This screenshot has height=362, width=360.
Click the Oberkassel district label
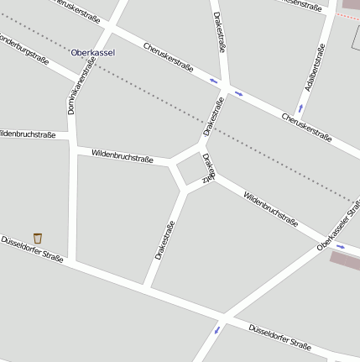pos(93,52)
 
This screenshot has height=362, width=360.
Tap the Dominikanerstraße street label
pos(81,86)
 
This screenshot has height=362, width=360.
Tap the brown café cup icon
pos(38,238)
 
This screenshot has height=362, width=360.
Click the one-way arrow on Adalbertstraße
pos(300,108)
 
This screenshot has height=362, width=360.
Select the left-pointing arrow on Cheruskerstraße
pos(214,81)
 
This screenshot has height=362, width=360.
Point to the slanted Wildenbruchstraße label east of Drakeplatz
pos(270,209)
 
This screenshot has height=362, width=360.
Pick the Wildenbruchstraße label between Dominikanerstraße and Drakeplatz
pos(122,155)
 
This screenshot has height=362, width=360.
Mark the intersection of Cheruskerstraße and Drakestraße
pos(226,87)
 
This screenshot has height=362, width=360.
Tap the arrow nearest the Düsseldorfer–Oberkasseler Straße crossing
pos(218,329)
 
